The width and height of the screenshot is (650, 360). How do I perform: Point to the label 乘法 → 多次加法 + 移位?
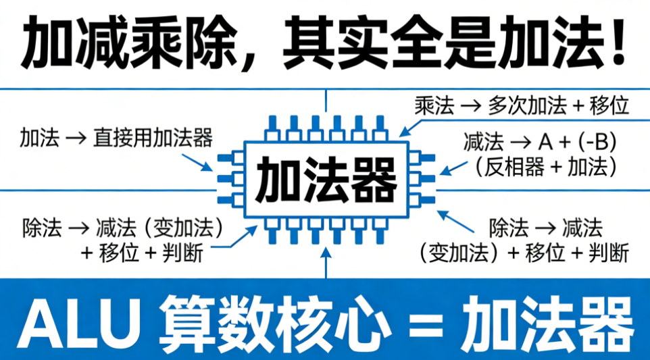click(x=522, y=105)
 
